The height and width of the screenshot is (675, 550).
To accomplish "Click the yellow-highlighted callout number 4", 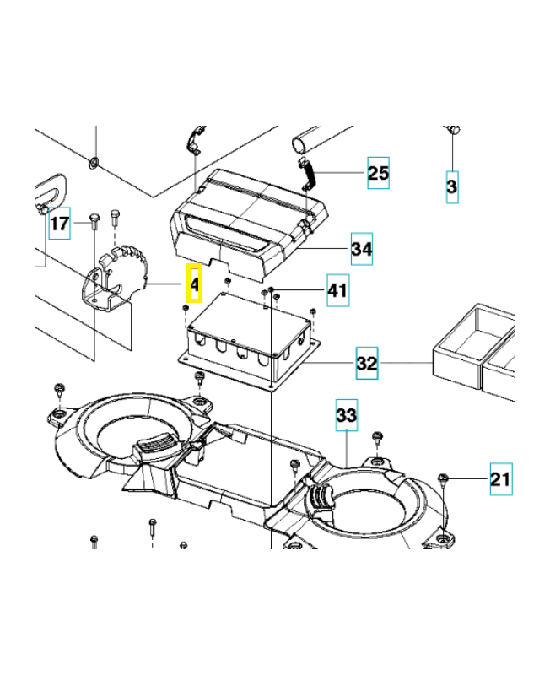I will tap(193, 284).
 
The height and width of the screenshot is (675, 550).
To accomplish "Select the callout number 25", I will tap(378, 174).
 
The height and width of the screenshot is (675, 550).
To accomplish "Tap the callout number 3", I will tap(452, 186).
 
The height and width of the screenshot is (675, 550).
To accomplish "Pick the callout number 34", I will tap(362, 250).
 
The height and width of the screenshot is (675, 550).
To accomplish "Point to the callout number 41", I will tap(337, 291).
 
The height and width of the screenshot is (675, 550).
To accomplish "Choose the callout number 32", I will tap(367, 364).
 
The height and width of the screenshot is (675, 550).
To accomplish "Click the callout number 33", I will tap(346, 415).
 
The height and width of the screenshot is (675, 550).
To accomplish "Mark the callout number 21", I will tap(500, 480).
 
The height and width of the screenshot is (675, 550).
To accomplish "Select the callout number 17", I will tap(59, 224).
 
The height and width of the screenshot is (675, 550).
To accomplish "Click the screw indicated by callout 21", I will tap(444, 480).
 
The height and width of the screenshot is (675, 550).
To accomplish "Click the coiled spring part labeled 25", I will tap(307, 175).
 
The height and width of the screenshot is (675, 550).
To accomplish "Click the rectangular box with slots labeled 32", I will tap(249, 337).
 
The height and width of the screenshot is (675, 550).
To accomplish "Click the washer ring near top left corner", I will tap(94, 160).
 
